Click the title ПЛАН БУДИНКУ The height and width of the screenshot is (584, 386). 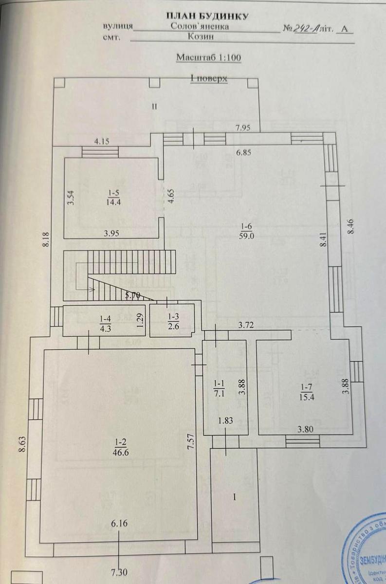pyautogui.click(x=207, y=16)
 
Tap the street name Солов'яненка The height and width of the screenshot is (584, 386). pyautogui.click(x=200, y=28)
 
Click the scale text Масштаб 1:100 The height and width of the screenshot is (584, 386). pyautogui.click(x=208, y=57)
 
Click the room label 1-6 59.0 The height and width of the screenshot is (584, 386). pyautogui.click(x=246, y=230)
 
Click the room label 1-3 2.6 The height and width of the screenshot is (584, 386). pyautogui.click(x=174, y=322)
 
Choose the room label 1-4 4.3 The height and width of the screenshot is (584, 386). pyautogui.click(x=105, y=323)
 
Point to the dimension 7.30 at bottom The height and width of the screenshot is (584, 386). pyautogui.click(x=118, y=572)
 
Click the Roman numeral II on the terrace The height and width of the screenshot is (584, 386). pyautogui.click(x=154, y=108)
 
